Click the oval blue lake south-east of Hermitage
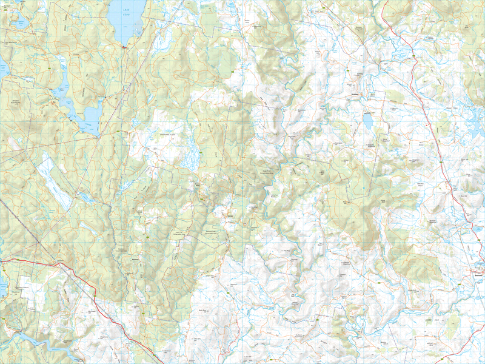[368, 121]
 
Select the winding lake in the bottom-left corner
[30, 337]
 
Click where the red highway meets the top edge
[383, 1]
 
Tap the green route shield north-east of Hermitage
[412, 56]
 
